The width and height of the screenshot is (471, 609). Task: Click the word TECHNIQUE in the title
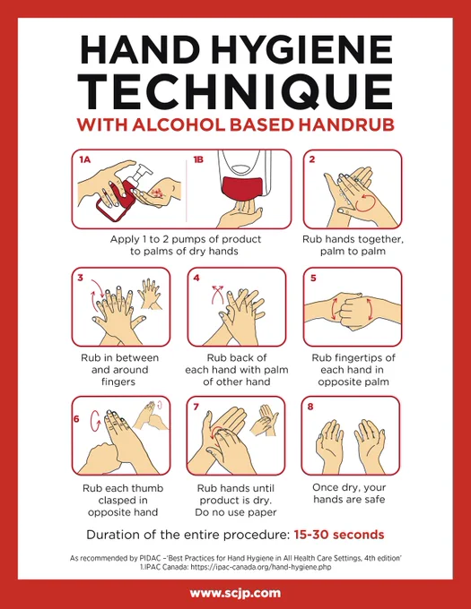pyautogui.click(x=236, y=91)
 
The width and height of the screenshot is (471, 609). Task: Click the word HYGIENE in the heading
pyautogui.click(x=302, y=50)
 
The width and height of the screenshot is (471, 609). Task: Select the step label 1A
pyautogui.click(x=84, y=159)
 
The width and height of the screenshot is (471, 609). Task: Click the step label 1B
pyautogui.click(x=198, y=159)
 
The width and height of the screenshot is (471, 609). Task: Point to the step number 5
pyautogui.click(x=313, y=279)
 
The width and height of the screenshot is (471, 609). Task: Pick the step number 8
pyautogui.click(x=310, y=407)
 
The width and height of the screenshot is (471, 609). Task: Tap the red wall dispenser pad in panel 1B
pyautogui.click(x=241, y=187)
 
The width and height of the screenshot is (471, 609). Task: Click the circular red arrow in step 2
pyautogui.click(x=366, y=202)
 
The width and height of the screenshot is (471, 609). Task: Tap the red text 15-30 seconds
pyautogui.click(x=339, y=535)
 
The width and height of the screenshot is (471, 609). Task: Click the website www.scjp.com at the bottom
pyautogui.click(x=235, y=593)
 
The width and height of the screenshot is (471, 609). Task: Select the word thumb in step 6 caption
pyautogui.click(x=146, y=488)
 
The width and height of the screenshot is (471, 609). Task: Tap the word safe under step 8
pyautogui.click(x=374, y=499)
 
